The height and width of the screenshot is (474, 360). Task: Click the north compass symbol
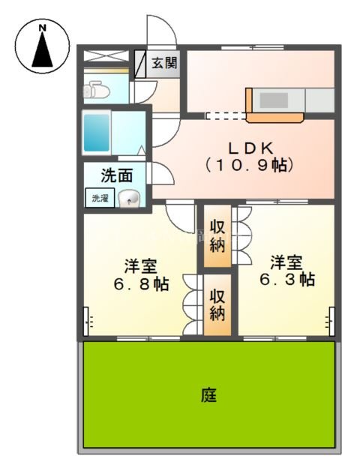click(x=43, y=46)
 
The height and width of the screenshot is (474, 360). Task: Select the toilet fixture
click(x=97, y=91)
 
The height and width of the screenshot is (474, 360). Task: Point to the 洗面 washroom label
click(x=117, y=177)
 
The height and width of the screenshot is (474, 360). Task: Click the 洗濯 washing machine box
click(x=100, y=199)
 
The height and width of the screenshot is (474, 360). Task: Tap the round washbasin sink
click(x=130, y=199)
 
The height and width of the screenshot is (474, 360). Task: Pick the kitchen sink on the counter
click(x=274, y=100)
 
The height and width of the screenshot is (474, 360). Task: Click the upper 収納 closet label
click(x=217, y=235)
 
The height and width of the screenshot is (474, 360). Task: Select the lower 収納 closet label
click(x=217, y=304)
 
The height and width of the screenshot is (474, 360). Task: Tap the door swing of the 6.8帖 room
click(x=180, y=217)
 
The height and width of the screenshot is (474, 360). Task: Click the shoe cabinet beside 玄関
click(x=140, y=64)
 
